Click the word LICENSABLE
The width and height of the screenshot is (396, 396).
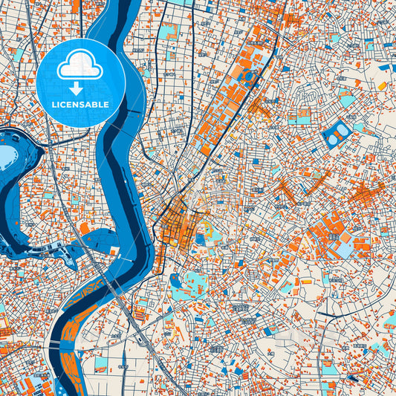pyautogui.click(x=80, y=105)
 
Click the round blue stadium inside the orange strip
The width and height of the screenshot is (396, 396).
pyautogui.click(x=248, y=76)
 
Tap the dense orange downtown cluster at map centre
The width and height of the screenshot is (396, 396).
pyautogui.click(x=178, y=223)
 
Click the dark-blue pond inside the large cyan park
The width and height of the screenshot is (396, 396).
pyautogui.click(x=176, y=282)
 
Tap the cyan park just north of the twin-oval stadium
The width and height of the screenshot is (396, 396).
pyautogui.click(x=346, y=100)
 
